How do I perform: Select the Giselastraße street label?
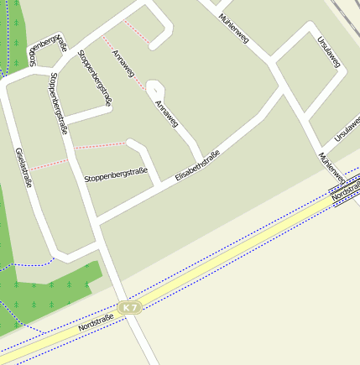click(x=23, y=167)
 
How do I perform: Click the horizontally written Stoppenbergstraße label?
click(x=116, y=176)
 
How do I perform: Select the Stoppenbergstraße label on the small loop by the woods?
click(x=47, y=50)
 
